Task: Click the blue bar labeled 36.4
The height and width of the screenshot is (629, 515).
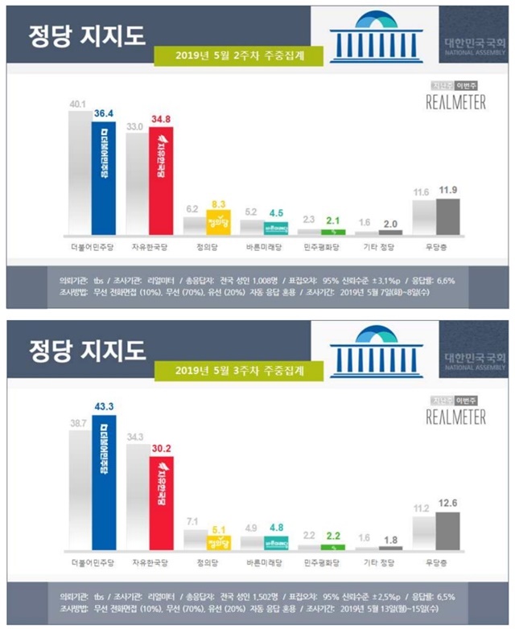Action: pyautogui.click(x=104, y=177)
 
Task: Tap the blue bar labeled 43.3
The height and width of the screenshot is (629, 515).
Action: pyautogui.click(x=104, y=483)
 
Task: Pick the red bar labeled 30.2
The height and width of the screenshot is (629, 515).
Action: pyautogui.click(x=161, y=503)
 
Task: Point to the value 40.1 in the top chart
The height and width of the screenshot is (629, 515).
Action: pyautogui.click(x=79, y=104)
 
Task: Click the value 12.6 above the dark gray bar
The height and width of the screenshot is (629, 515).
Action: pyautogui.click(x=448, y=504)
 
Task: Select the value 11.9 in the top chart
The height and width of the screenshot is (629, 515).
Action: pyautogui.click(x=447, y=190)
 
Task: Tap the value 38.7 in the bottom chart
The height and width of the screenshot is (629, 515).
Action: pyautogui.click(x=79, y=421)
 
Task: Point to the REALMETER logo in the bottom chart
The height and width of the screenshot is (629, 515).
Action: pyautogui.click(x=455, y=417)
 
